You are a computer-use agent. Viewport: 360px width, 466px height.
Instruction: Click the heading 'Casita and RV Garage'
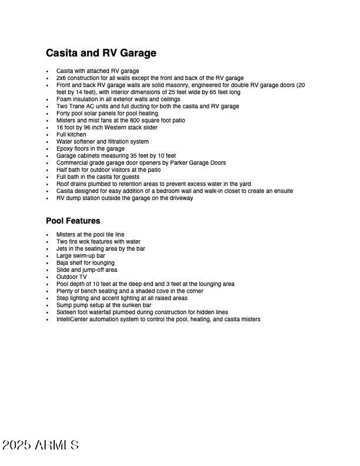[101, 54]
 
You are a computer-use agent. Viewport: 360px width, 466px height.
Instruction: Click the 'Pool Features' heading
[73, 221]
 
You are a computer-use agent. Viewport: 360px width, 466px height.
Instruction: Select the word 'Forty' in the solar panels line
[64, 114]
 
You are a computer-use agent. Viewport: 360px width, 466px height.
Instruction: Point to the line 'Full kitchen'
[71, 135]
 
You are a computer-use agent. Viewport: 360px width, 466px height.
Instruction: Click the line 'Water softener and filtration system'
[102, 142]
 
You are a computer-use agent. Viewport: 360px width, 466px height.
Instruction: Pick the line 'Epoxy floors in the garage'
[91, 149]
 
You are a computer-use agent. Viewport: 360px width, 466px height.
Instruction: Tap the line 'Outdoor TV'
[71, 277]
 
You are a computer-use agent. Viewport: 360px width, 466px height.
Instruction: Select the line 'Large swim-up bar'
[81, 256]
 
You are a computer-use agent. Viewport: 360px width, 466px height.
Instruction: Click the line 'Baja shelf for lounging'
[85, 263]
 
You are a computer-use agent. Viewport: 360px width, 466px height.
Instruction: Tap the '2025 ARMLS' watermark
[41, 445]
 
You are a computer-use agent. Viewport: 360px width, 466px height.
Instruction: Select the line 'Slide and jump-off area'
[86, 270]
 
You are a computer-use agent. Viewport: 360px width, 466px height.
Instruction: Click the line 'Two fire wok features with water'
[98, 242]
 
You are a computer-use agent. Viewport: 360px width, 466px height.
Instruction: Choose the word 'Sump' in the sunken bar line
[64, 305]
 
